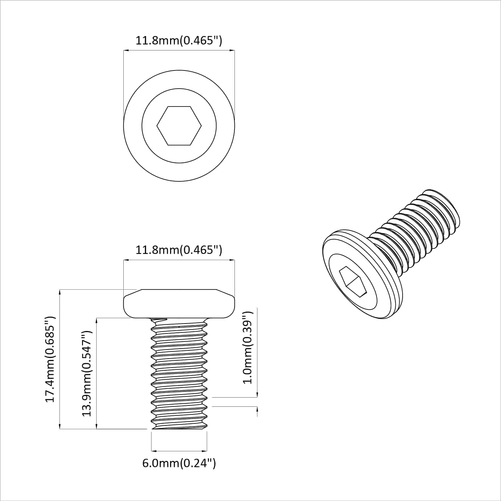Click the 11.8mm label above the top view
(179, 41)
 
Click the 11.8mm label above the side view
(179, 250)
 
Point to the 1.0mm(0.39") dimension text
(247, 347)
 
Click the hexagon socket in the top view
(179, 126)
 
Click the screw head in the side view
(179, 303)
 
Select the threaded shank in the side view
(179, 373)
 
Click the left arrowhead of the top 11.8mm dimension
(126, 50)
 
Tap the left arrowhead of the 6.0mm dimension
(154, 451)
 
